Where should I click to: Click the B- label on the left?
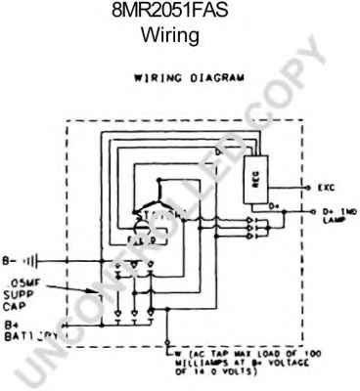13,259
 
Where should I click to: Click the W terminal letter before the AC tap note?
176,350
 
